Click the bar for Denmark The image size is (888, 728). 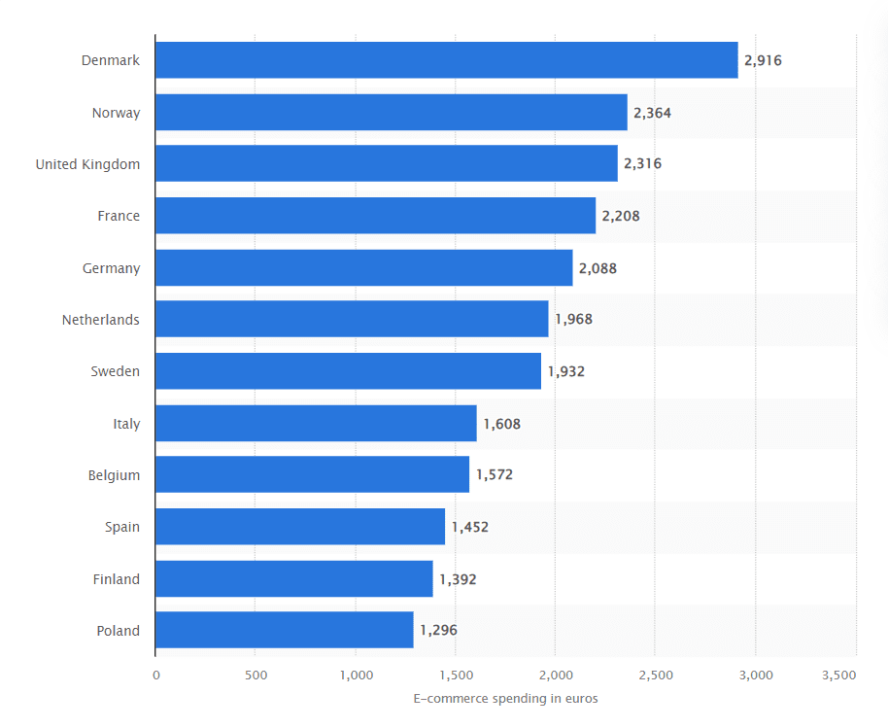point(446,60)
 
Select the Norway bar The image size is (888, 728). point(391,113)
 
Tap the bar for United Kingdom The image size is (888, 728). point(386,164)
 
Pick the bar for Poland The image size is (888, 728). point(284,630)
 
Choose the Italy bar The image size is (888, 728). point(316,424)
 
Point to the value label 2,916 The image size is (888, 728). point(763,60)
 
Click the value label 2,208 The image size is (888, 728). point(621,216)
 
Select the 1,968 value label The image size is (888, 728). point(573,320)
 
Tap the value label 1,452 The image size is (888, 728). point(469,527)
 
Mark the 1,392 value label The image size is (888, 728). point(458,579)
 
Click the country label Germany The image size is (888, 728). point(111,268)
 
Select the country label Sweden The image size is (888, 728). point(115,371)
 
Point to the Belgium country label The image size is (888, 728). point(114,475)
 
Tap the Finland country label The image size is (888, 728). point(116,579)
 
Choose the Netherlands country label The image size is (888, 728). point(100,320)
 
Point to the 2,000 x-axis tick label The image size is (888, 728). point(555,675)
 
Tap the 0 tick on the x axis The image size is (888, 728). point(155,675)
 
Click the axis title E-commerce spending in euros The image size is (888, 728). point(505,699)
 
